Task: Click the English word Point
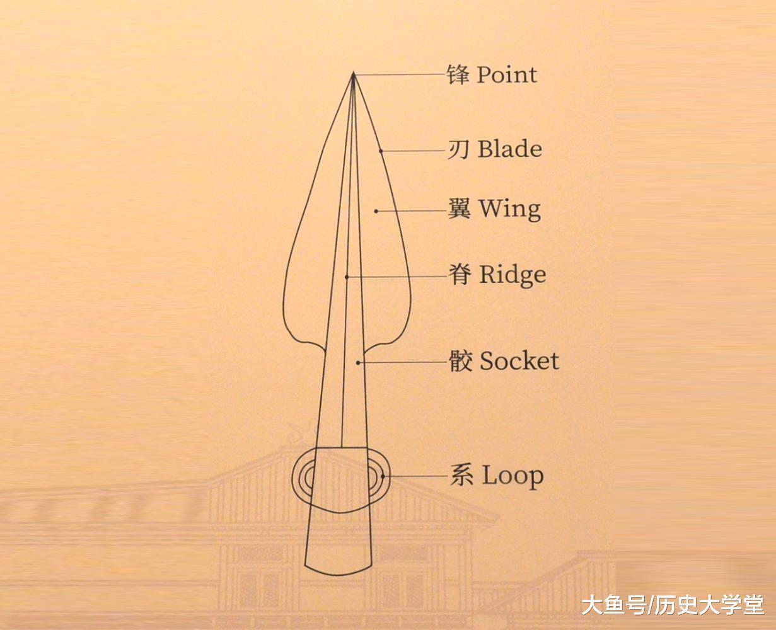tap(507, 75)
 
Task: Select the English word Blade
tap(509, 150)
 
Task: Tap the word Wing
tap(509, 209)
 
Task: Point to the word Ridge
tap(512, 275)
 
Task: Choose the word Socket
tap(519, 362)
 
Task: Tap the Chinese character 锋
tap(458, 74)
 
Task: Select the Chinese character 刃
tap(458, 150)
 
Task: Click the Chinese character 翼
tap(459, 209)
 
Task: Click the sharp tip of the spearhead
tap(353, 74)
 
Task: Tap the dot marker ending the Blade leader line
tap(381, 151)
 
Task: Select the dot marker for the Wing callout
tap(376, 211)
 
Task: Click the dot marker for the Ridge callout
tap(347, 276)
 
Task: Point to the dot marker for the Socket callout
tap(358, 362)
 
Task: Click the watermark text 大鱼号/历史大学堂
tap(672, 605)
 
